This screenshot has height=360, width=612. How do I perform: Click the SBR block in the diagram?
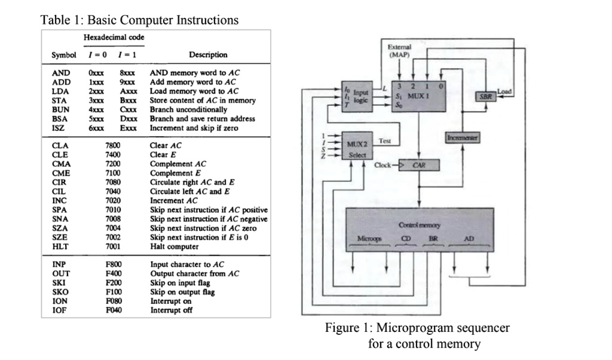tap(485, 96)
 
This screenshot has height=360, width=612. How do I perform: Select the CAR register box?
tap(419, 164)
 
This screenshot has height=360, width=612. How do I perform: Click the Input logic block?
tap(357, 96)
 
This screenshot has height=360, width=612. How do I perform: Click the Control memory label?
tap(419, 225)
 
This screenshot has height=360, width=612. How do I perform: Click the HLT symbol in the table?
tap(59, 246)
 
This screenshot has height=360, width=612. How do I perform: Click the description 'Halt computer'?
tap(175, 246)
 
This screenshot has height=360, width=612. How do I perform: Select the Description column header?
tap(208, 54)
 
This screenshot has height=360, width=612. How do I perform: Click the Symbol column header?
tap(63, 54)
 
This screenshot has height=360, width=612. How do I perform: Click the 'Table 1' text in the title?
tap(60, 20)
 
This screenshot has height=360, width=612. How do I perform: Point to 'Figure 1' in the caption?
tap(348, 328)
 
